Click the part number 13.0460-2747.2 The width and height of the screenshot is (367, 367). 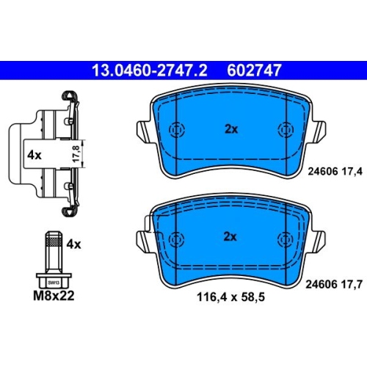point(150,70)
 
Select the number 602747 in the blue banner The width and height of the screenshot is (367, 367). point(254,70)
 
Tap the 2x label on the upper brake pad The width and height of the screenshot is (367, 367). point(231,129)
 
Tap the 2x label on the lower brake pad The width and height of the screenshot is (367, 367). point(230,236)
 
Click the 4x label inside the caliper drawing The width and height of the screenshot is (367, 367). point(34,155)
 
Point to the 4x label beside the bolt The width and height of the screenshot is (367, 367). point(73,244)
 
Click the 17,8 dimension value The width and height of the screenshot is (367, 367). point(76,153)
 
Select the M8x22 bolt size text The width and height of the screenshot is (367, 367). point(54,296)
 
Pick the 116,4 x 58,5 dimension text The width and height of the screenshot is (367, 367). point(230,297)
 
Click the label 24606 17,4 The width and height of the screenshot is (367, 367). point(335,171)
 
